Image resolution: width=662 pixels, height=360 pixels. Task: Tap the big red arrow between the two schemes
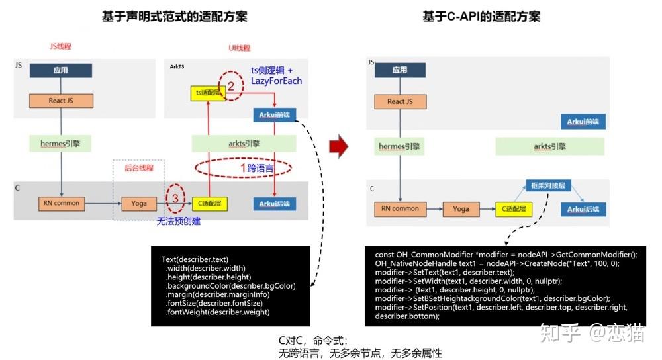pyautogui.click(x=338, y=147)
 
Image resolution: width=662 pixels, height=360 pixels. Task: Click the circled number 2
pyautogui.click(x=231, y=85)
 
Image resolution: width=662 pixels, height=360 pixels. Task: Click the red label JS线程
pyautogui.click(x=60, y=46)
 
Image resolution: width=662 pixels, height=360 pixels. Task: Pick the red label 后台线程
pyautogui.click(x=139, y=168)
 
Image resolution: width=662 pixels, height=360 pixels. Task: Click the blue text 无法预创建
pyautogui.click(x=179, y=221)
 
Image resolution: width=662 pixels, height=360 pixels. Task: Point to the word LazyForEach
pyautogui.click(x=276, y=81)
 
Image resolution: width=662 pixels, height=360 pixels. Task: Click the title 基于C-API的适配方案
pyautogui.click(x=481, y=17)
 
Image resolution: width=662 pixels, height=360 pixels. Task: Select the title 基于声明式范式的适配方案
pyautogui.click(x=174, y=17)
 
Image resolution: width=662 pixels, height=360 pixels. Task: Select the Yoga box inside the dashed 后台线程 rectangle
pyautogui.click(x=140, y=204)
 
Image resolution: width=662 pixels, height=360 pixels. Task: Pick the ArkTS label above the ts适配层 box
pyautogui.click(x=177, y=66)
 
